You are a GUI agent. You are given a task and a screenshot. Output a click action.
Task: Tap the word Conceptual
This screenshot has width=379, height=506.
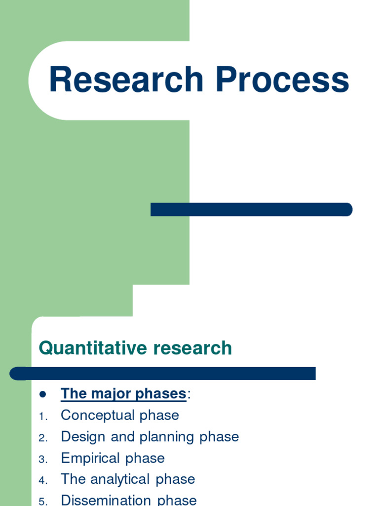click(98, 416)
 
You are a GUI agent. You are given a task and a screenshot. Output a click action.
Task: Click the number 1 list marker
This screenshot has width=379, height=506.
click(42, 417)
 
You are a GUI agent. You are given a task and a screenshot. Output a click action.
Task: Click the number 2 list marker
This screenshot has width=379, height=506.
click(42, 438)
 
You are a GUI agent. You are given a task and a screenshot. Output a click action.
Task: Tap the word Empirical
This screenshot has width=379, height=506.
click(91, 458)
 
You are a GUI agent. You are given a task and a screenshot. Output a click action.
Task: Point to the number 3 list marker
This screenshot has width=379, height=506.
click(42, 460)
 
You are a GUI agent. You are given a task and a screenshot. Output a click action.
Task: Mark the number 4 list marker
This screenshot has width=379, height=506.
click(42, 481)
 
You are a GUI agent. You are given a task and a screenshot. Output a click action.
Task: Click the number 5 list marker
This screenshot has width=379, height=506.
click(42, 502)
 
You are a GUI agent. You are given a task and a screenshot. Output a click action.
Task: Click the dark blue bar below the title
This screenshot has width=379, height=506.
click(251, 210)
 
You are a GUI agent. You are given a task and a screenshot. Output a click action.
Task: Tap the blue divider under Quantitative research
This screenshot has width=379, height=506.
click(163, 374)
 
